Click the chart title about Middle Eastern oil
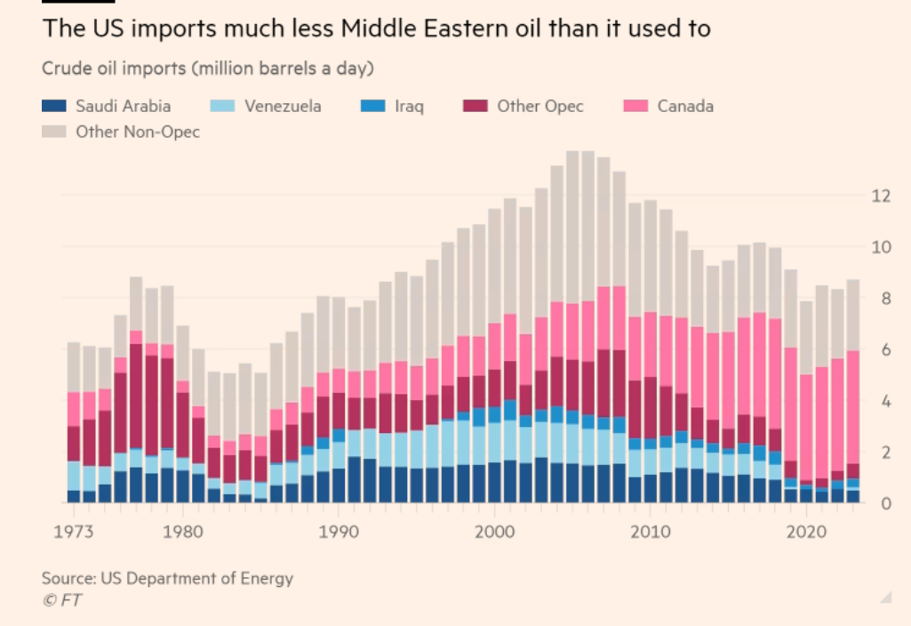(x=376, y=28)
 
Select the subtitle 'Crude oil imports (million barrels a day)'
(x=207, y=68)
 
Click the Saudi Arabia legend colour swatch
(x=54, y=106)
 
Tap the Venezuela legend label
(x=283, y=106)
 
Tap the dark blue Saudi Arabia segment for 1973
(x=74, y=496)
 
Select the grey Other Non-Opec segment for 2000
(x=495, y=266)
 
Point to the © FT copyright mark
(x=61, y=600)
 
